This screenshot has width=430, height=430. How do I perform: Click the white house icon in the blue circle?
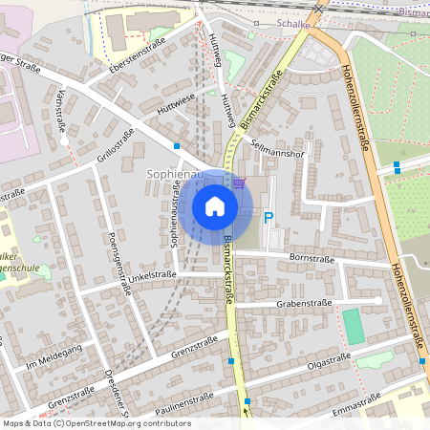click(x=215, y=205)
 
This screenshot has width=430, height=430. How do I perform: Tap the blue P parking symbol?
click(x=269, y=219)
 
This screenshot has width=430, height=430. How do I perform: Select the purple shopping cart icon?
click(x=238, y=183)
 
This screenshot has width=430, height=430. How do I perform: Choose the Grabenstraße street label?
click(x=304, y=303)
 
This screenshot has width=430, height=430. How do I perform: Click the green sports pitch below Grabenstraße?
click(x=354, y=327)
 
